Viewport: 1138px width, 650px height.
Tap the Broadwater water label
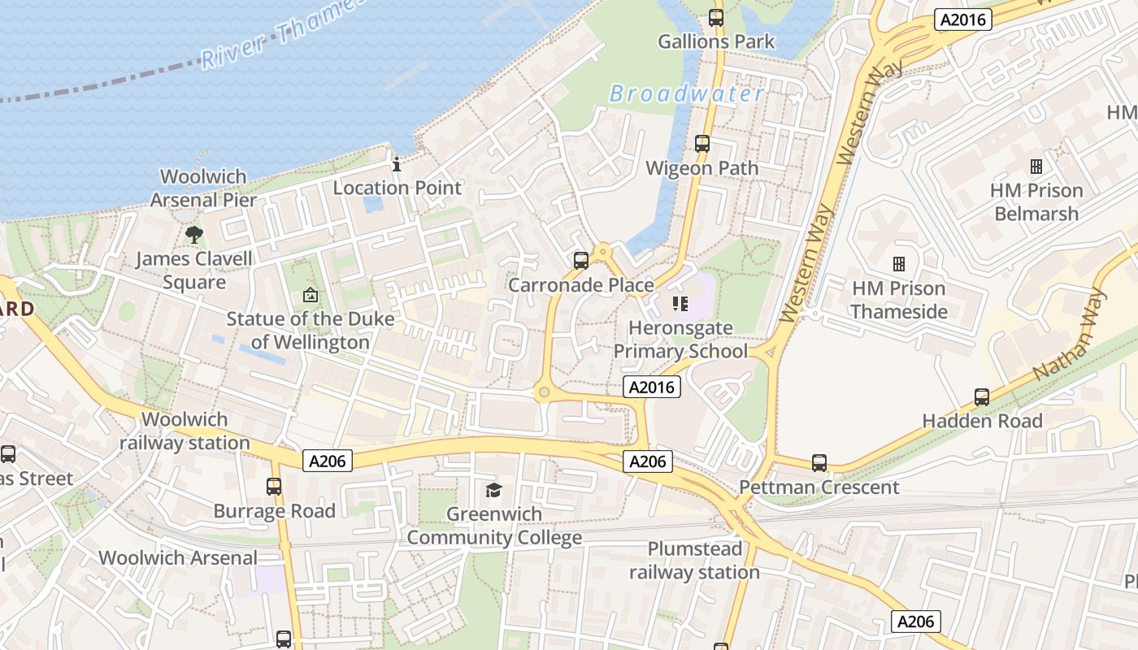tap(687, 94)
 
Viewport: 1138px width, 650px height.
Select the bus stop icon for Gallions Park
tap(716, 17)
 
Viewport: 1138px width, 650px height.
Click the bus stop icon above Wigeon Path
tap(702, 144)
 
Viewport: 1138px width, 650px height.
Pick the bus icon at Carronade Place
tap(581, 261)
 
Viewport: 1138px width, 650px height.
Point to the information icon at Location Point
tap(397, 164)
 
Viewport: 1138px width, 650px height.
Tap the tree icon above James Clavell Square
tap(193, 235)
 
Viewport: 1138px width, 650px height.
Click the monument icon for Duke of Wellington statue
tap(310, 295)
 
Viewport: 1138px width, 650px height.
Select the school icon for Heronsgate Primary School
tap(680, 305)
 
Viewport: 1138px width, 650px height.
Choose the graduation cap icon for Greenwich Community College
tap(493, 490)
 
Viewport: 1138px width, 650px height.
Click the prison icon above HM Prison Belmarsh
tap(1036, 167)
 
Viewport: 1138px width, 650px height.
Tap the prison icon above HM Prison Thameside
tap(899, 264)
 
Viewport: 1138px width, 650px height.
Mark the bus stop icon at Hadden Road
tap(982, 397)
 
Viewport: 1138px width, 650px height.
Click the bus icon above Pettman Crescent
tap(819, 463)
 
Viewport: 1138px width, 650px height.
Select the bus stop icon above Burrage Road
tap(274, 487)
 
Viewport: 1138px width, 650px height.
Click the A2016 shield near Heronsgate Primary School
tap(652, 388)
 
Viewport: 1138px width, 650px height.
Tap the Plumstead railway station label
tap(694, 561)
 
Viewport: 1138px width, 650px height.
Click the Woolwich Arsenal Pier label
tap(203, 188)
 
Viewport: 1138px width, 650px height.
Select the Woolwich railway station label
tap(185, 431)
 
